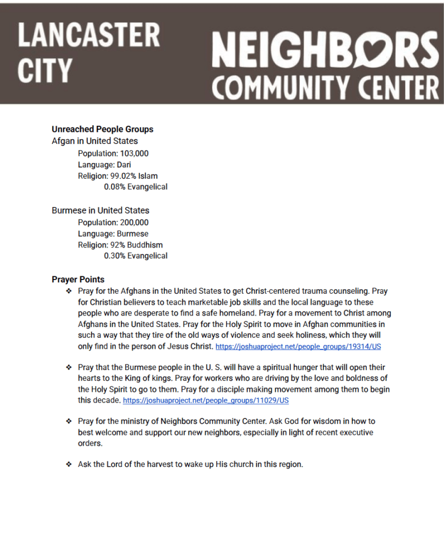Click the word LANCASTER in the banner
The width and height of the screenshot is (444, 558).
[x=89, y=35]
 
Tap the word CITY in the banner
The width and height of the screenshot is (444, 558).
[x=45, y=71]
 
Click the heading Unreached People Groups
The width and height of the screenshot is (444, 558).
[x=102, y=129]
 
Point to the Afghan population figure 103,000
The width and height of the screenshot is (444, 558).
[x=134, y=154]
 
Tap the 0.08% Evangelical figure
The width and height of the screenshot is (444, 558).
[x=136, y=187]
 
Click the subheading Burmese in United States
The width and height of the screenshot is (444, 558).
[x=100, y=210]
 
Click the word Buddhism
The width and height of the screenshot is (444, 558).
[x=145, y=245]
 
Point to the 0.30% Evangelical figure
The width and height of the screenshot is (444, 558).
[x=136, y=256]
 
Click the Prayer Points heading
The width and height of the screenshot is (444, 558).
[x=78, y=280]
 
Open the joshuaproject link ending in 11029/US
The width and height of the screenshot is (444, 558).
[x=206, y=401]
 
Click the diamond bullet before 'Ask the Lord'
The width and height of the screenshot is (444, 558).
[x=69, y=465]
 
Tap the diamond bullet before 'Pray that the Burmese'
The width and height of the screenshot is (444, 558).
[x=69, y=368]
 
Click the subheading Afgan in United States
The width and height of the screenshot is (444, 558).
[x=95, y=141]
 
